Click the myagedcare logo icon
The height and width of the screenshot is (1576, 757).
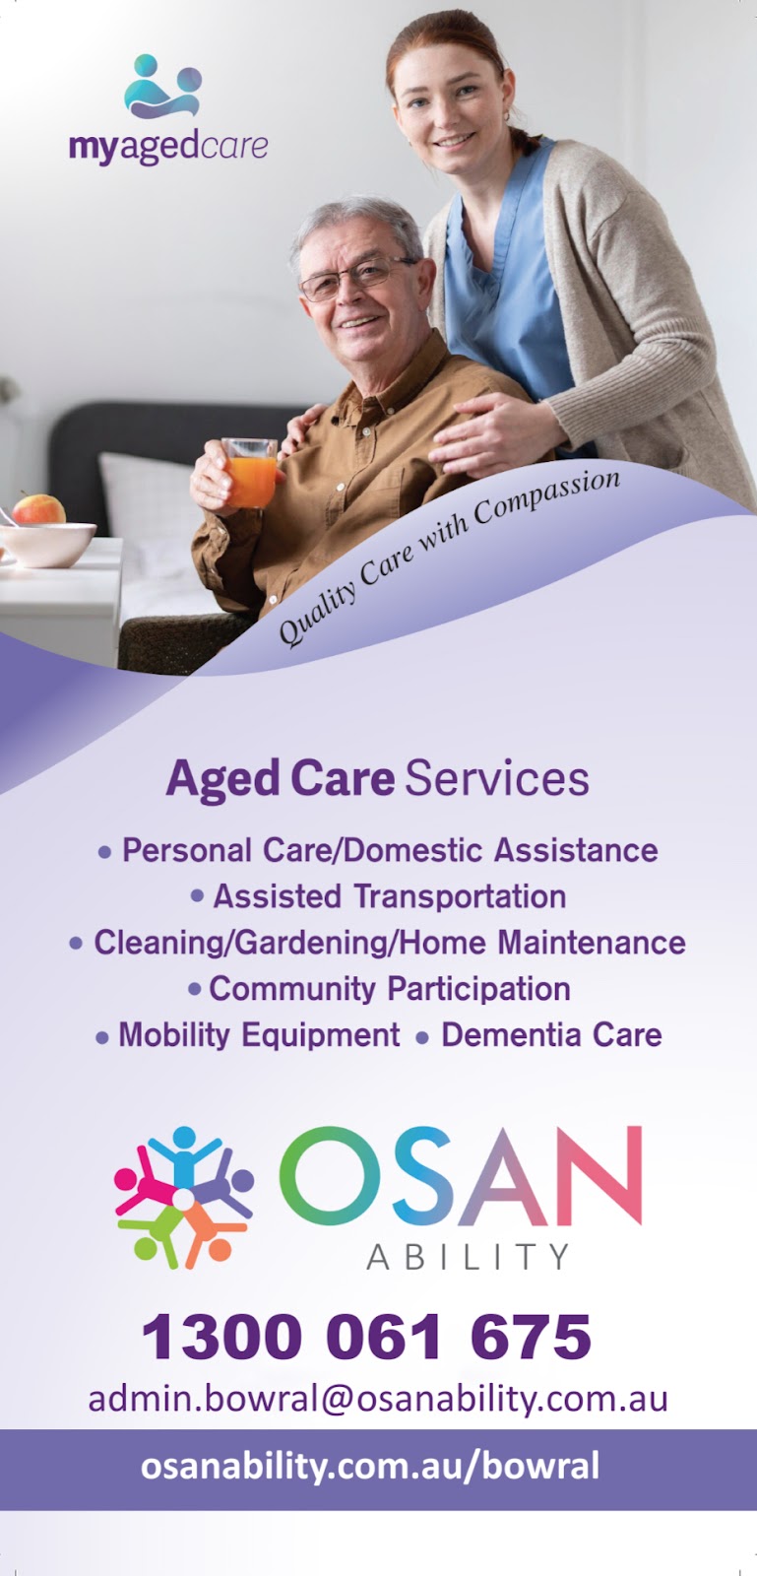click(164, 87)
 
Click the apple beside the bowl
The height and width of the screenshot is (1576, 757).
click(38, 509)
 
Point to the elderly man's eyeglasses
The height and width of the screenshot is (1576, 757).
click(356, 276)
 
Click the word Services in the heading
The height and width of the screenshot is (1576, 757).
click(497, 778)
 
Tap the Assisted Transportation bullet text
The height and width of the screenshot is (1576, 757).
click(389, 896)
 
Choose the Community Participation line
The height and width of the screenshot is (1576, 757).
click(389, 989)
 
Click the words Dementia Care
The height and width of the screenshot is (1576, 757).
click(551, 1035)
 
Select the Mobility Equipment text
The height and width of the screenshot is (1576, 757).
click(259, 1035)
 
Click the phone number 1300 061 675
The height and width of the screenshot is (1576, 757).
click(366, 1337)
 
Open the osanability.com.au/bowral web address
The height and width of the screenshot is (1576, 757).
click(370, 1467)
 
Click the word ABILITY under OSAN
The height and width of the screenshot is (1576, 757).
click(468, 1257)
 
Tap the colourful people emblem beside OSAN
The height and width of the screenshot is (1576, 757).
click(184, 1196)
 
